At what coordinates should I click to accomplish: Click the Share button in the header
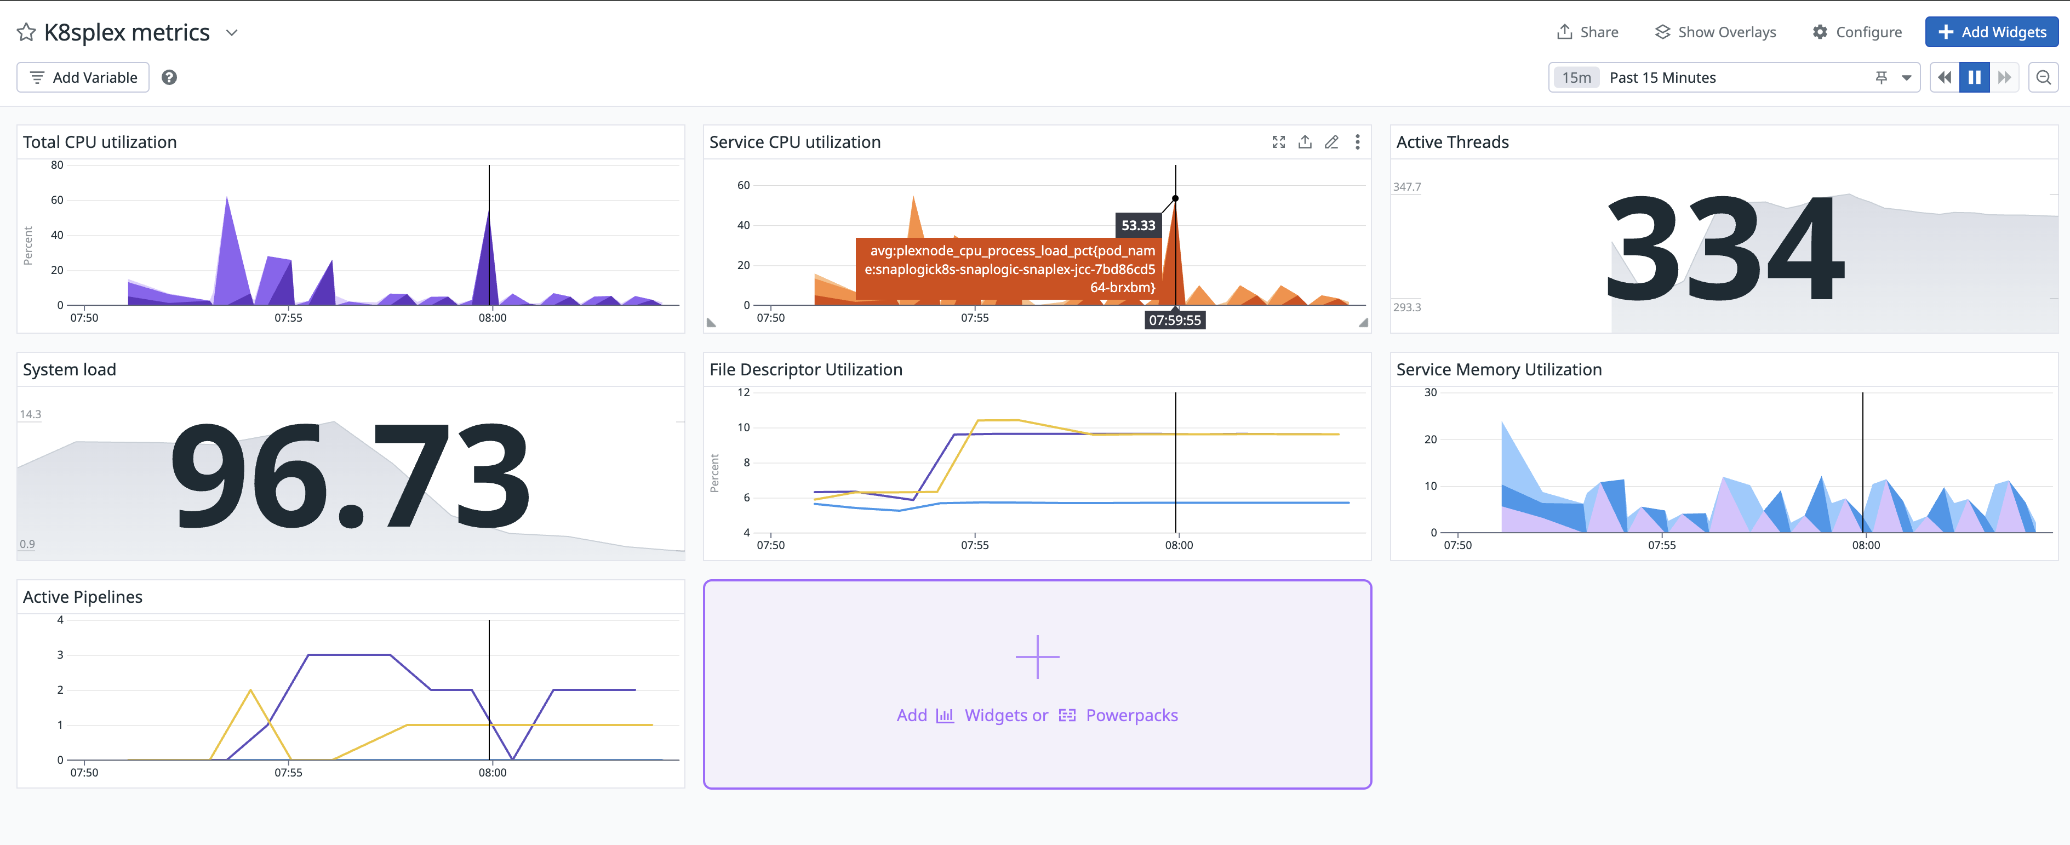pos(1587,32)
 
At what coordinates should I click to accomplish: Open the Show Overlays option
pos(1715,32)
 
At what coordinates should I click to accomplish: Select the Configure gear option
pos(1856,32)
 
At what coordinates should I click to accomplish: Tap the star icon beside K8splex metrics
pos(26,32)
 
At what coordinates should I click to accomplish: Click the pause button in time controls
pos(1974,77)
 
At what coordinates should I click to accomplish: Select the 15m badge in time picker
pos(1576,77)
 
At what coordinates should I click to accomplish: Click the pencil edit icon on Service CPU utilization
pos(1331,142)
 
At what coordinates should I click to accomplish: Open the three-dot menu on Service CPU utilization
pos(1357,142)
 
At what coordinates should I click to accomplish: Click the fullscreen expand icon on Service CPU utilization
pos(1278,142)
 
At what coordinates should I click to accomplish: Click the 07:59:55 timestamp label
pos(1174,320)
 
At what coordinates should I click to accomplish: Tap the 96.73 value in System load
pos(350,476)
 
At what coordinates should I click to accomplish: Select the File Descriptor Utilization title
pos(805,370)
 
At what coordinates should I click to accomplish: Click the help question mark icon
pos(169,77)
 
